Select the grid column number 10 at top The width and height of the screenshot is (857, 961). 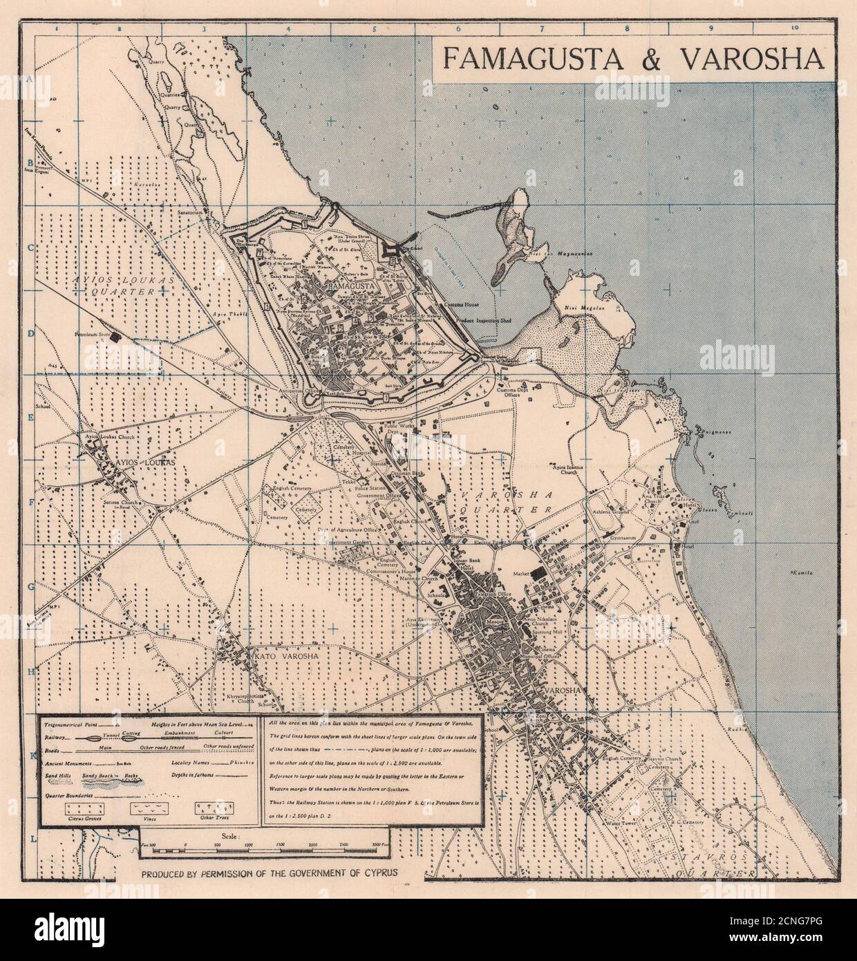click(x=795, y=28)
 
